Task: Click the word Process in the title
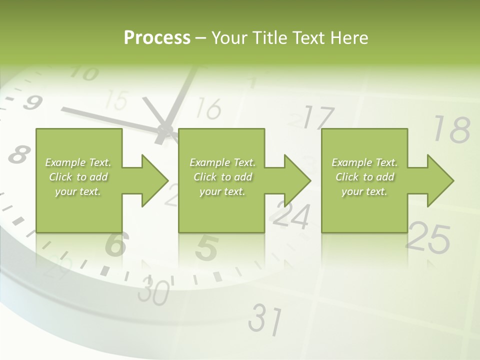(x=157, y=38)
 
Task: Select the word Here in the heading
(x=349, y=38)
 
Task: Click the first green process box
(x=78, y=180)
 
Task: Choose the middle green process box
(x=221, y=180)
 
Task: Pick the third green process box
(x=364, y=180)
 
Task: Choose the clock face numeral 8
(x=18, y=154)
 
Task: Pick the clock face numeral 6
(x=116, y=243)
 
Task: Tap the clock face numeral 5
(x=206, y=248)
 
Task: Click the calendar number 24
(x=291, y=216)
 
